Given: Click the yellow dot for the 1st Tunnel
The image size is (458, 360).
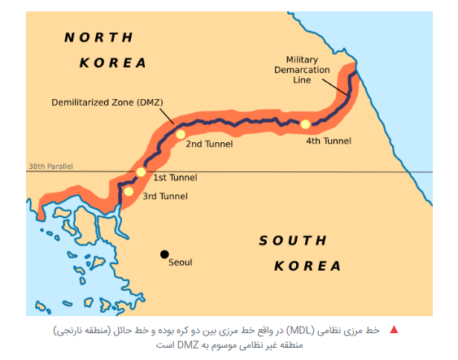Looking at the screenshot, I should [x=141, y=171].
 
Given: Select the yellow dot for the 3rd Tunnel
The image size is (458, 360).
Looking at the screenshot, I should [x=129, y=192].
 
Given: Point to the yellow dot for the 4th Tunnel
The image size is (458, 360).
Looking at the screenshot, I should [x=305, y=124].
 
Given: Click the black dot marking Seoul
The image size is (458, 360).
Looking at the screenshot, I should [x=164, y=254].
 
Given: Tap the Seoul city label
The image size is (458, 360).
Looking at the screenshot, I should [x=181, y=262].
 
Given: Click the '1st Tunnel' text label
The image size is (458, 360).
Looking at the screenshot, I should [x=175, y=177].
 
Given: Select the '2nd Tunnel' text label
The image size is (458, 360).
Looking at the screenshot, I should [x=209, y=144].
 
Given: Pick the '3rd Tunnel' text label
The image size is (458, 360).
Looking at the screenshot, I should [x=165, y=196].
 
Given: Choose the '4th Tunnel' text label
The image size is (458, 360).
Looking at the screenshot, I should [x=329, y=141].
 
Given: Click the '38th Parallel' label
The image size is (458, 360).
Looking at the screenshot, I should [x=50, y=167].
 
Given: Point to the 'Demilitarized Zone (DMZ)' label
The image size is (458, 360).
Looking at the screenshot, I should [x=107, y=102].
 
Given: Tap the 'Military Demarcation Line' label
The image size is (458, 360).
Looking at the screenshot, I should [x=308, y=70].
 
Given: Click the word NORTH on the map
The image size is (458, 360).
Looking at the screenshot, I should [x=98, y=37].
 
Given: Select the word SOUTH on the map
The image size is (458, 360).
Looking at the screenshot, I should [x=293, y=241].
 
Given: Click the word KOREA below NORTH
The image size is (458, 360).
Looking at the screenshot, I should [x=114, y=63].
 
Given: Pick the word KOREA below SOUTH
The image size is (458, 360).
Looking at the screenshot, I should [x=308, y=266].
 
